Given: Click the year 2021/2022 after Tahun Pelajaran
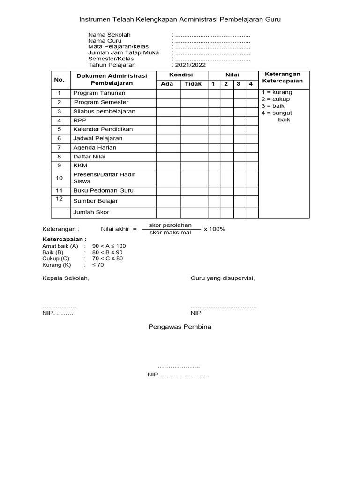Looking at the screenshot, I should coord(190,65).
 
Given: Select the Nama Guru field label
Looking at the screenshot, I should coord(105,41).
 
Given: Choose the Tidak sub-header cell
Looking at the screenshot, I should coord(193,84).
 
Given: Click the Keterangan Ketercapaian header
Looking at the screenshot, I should coord(283,77).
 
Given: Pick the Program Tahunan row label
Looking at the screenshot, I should coord(99,93).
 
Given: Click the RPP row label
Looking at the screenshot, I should coord(80,120).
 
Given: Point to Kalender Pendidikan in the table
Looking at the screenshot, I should coord(103,129).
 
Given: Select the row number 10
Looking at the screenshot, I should coord(60,178).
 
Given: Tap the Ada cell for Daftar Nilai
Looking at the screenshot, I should coord(168,157).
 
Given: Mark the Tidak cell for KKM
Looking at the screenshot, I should coord(194,165).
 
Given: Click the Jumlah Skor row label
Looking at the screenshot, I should coord(91,212).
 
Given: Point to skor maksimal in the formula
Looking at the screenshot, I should coord(170,232).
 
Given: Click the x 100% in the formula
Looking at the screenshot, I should coord(214,229).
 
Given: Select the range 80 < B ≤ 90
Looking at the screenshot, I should coord(108,252).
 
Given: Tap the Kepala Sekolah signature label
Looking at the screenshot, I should coord(66,278).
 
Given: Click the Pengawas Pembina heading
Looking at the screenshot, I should coord(180,327).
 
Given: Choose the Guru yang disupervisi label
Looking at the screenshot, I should coord(223,278).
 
